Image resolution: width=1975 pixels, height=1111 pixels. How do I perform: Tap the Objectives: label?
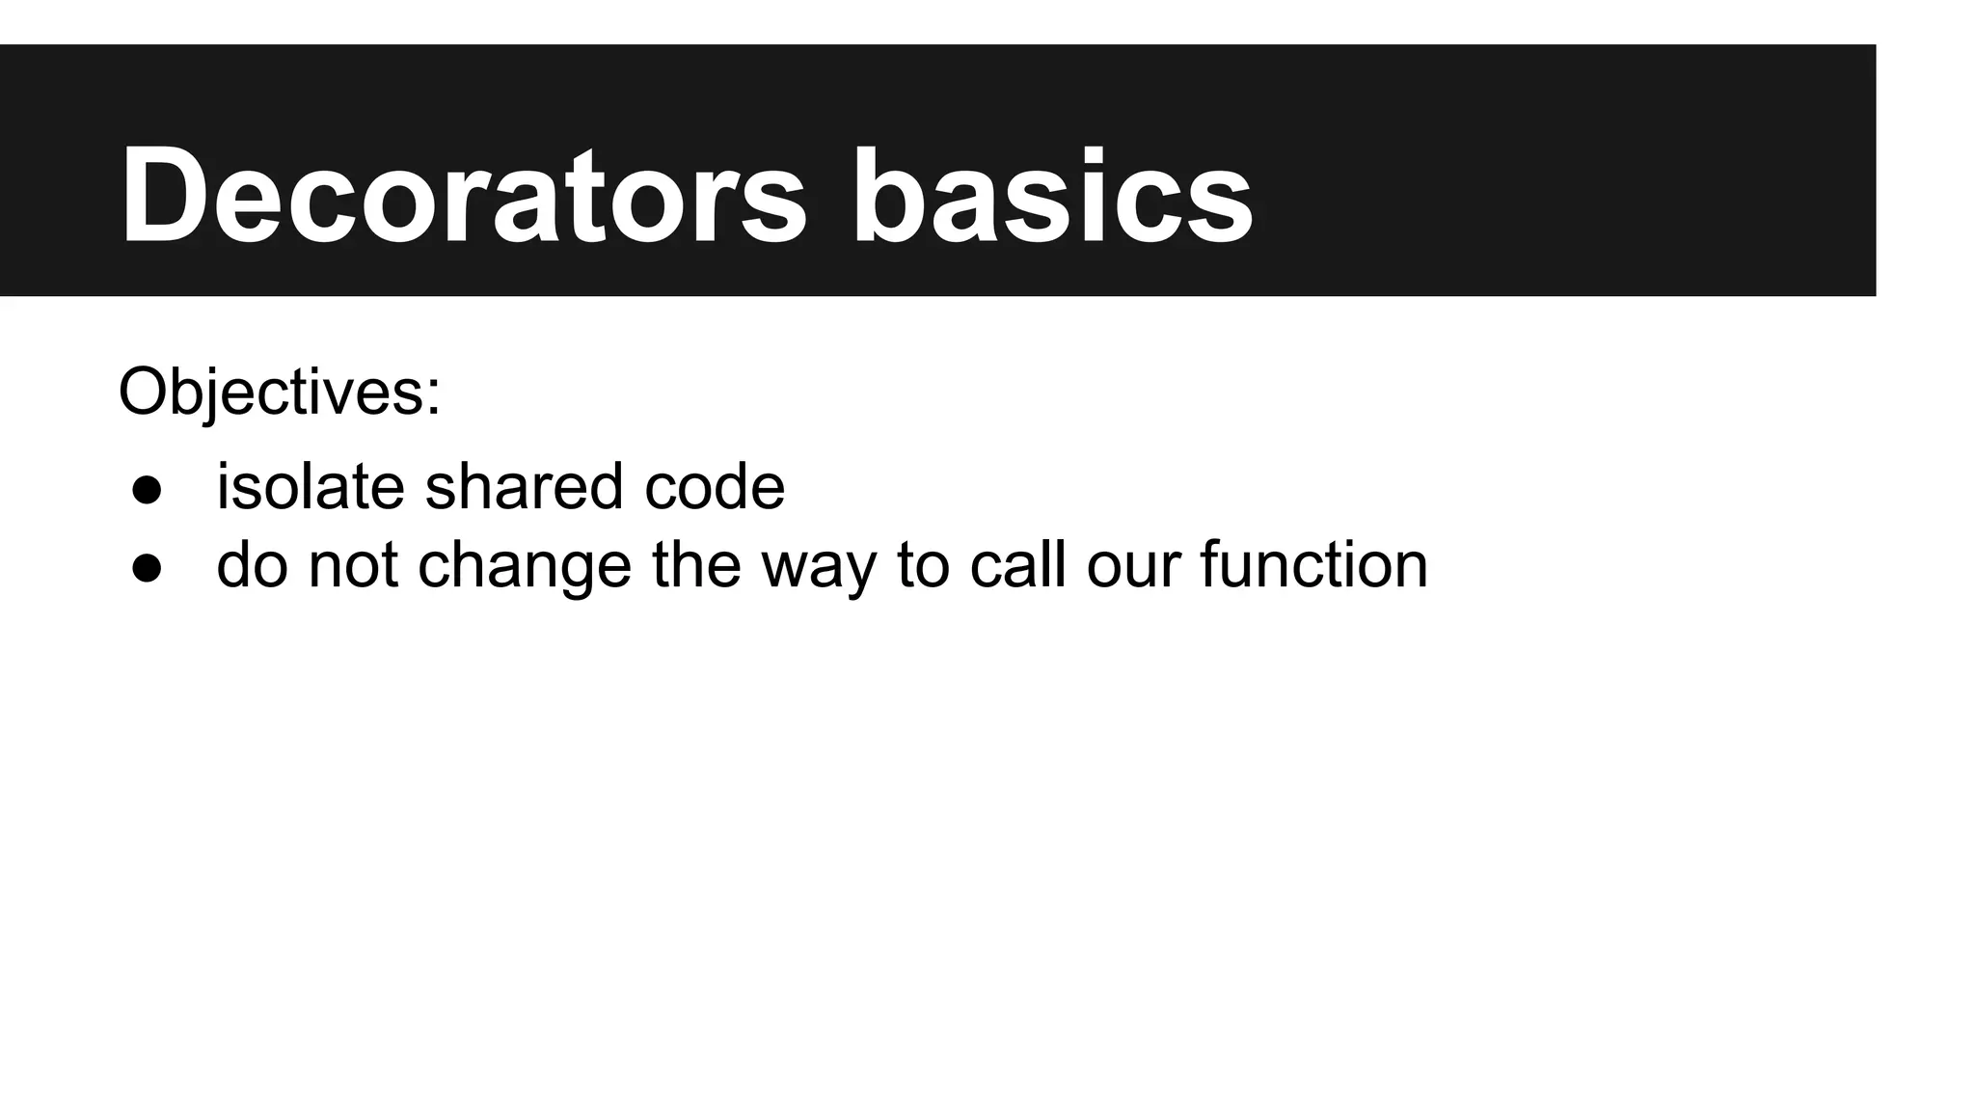tap(280, 393)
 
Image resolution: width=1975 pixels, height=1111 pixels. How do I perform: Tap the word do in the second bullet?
tap(252, 565)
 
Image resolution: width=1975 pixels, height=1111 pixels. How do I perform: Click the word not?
tap(352, 565)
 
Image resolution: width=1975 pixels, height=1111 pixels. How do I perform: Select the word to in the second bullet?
tap(923, 565)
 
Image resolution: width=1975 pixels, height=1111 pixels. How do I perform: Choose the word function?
tap(1313, 565)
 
